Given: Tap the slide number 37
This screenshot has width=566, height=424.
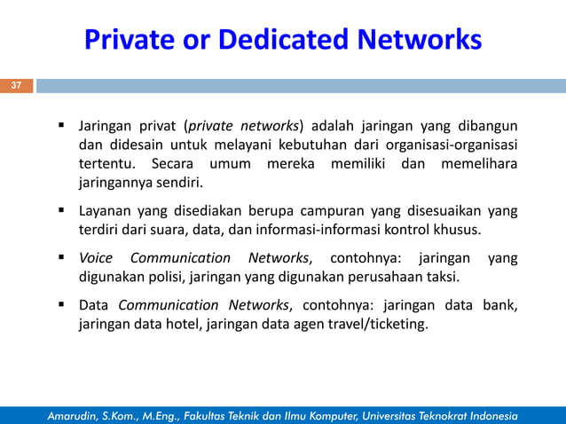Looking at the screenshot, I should (15, 86).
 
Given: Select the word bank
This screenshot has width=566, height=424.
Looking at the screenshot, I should (499, 305).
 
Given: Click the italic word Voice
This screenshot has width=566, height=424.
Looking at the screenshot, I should (96, 259).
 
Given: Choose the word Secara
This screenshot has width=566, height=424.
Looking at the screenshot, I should (176, 165).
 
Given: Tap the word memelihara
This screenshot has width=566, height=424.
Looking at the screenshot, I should (483, 165).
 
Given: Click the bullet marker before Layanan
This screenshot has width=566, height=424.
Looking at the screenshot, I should (64, 212).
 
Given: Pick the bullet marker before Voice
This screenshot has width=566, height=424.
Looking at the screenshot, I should (64, 259).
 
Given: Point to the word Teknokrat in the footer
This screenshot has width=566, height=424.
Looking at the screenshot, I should (437, 415).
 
